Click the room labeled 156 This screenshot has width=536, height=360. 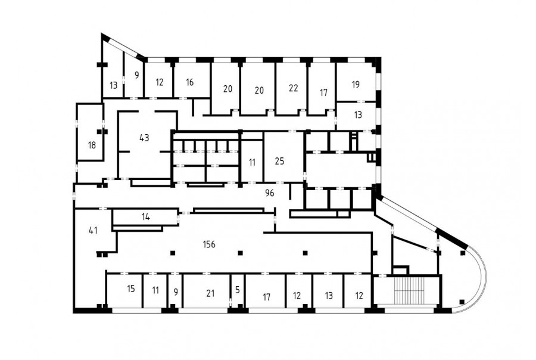click(209, 244)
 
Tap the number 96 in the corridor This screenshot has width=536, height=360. click(270, 193)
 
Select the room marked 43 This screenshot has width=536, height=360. click(144, 138)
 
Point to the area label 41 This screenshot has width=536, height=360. click(93, 230)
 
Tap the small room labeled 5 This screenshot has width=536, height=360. click(238, 290)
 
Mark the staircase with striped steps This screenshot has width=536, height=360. click(409, 290)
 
